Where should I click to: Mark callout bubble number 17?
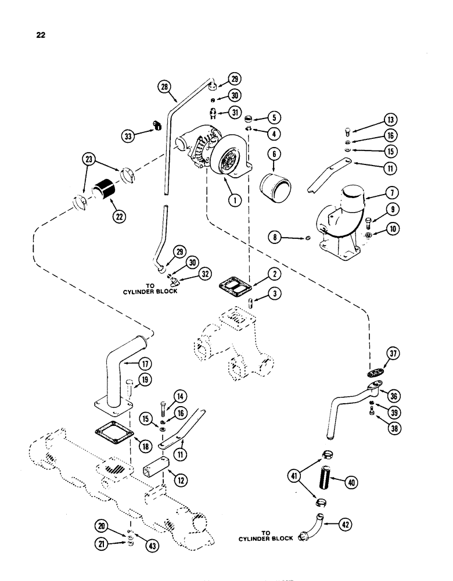coord(145,364)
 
